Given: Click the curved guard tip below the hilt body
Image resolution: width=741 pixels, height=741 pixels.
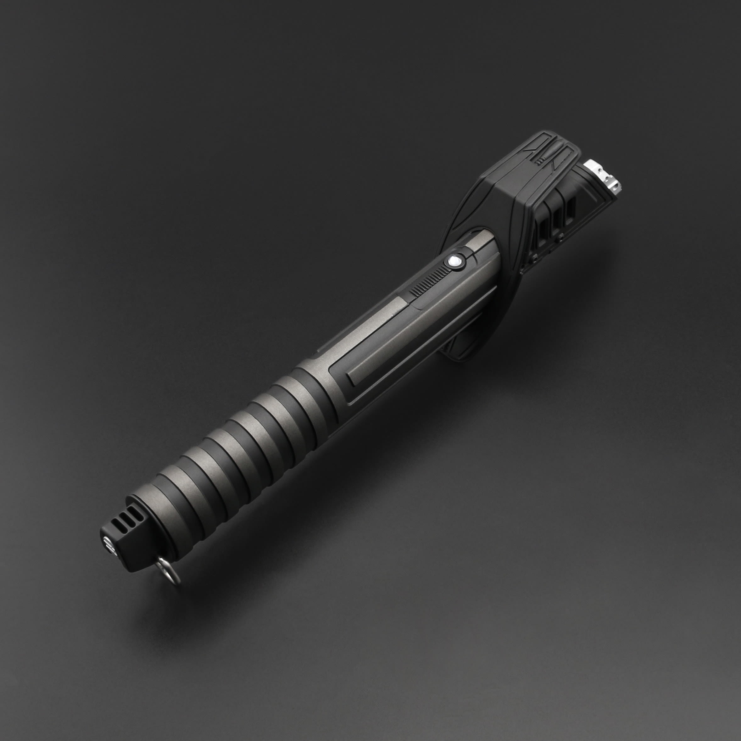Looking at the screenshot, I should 456,347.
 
